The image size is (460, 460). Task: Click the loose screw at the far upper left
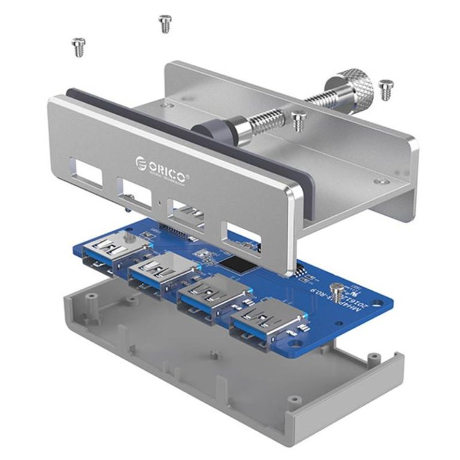coord(78,47)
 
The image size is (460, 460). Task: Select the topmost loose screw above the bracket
coord(165,23)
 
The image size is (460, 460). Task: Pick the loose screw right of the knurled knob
coord(386,89)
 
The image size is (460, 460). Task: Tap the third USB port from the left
coord(211,296)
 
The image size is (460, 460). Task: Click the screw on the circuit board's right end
coord(339,293)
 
